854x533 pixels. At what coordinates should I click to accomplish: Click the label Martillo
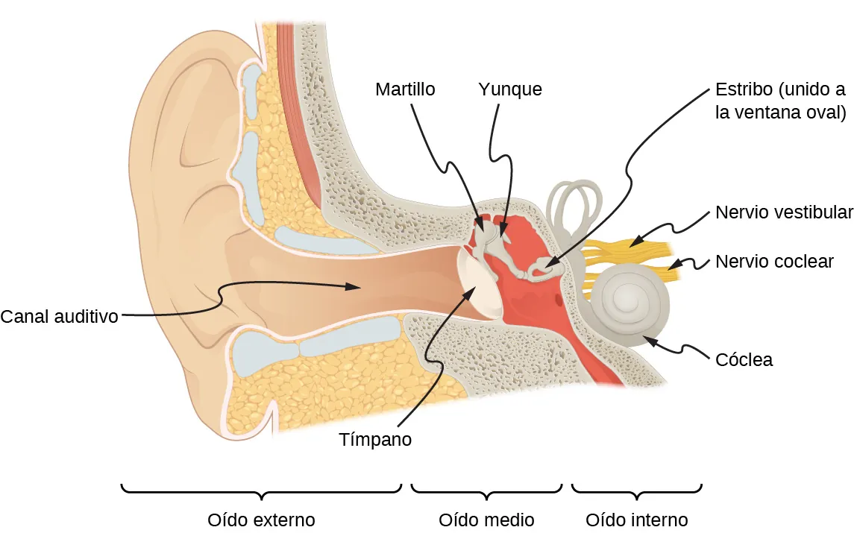click(405, 89)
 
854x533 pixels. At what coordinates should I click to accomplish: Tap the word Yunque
click(509, 89)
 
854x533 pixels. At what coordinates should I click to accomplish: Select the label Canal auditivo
click(60, 316)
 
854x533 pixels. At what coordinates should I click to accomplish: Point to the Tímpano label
click(375, 439)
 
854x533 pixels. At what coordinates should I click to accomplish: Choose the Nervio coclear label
click(774, 262)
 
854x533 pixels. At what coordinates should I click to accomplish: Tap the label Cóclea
click(744, 360)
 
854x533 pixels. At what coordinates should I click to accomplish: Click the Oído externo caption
click(261, 519)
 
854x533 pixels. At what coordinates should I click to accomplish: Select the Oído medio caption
click(486, 519)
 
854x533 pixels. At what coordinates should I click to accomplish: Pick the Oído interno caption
click(636, 519)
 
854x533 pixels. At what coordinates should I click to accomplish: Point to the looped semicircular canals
click(575, 203)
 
